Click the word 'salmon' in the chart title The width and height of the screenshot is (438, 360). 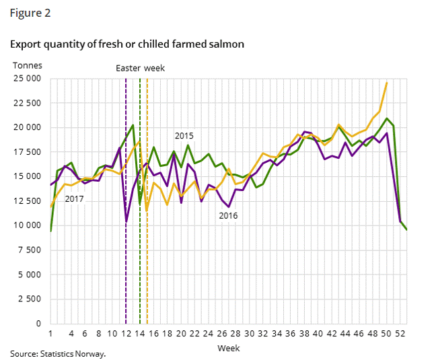(226, 44)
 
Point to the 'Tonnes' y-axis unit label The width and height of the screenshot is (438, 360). (28, 65)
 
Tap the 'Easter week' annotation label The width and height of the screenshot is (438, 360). (140, 68)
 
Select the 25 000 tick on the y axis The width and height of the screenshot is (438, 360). (28, 79)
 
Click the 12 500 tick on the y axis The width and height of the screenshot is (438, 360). (28, 201)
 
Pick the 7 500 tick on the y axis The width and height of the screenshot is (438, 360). (30, 250)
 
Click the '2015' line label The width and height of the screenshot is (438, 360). (184, 135)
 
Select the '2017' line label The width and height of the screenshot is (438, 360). (74, 199)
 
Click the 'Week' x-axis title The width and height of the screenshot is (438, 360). (228, 349)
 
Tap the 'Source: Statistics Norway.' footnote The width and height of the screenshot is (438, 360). (58, 353)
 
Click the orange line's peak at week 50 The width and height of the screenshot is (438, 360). (387, 83)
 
